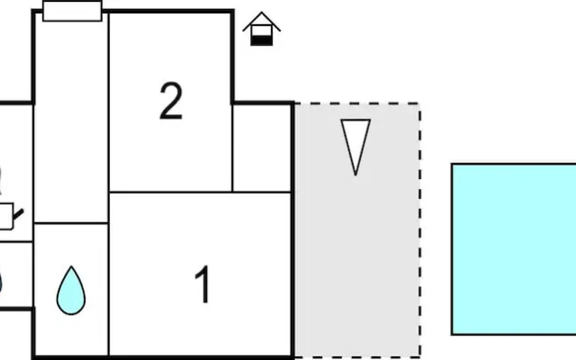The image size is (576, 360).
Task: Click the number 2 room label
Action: [171, 101]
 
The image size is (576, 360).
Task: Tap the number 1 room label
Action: [202, 284]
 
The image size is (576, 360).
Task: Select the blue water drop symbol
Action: [71, 291]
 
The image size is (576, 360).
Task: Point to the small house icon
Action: [262, 29]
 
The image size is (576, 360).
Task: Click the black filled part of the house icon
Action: [262, 40]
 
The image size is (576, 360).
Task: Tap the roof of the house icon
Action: [262, 22]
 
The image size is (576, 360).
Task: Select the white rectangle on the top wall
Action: [72, 11]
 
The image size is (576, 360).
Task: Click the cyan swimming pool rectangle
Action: [514, 249]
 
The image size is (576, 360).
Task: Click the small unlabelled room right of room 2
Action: [262, 148]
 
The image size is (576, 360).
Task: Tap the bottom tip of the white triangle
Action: [355, 175]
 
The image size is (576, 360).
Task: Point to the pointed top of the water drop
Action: [71, 266]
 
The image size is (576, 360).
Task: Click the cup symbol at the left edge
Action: [8, 216]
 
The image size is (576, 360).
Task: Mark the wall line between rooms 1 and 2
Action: [200, 192]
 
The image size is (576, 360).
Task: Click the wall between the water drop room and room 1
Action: [109, 290]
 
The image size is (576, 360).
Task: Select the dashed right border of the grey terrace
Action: [420, 230]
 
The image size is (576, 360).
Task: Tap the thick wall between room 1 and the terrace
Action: [292, 230]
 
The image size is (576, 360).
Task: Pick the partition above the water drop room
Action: [71, 223]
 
